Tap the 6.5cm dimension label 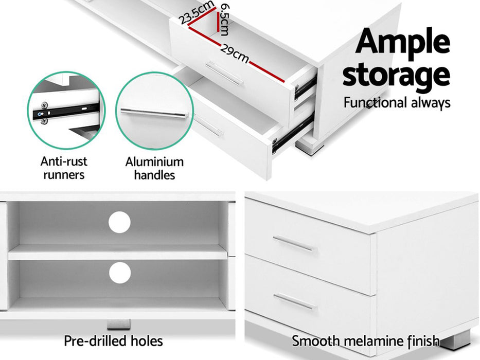(224, 19)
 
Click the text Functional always (397, 102)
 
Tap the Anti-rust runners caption (64, 168)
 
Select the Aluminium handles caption (154, 168)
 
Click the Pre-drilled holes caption (113, 340)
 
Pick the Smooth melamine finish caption (366, 340)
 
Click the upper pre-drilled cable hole (120, 222)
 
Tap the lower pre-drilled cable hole (120, 272)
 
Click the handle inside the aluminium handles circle (154, 113)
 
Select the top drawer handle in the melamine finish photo (293, 244)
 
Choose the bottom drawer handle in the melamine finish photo (294, 301)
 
